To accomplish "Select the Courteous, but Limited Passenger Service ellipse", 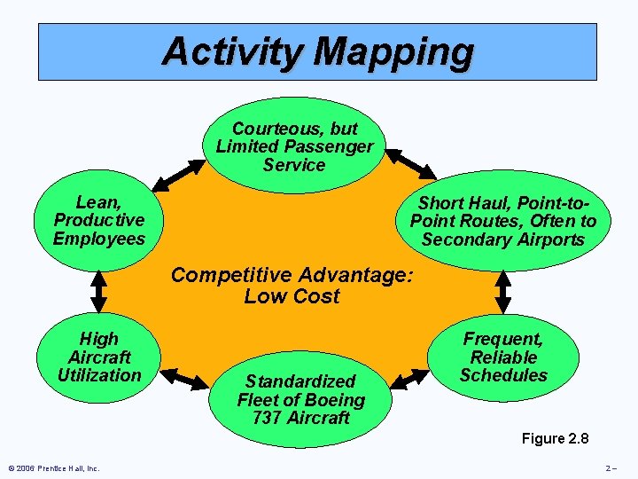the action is [x=295, y=145].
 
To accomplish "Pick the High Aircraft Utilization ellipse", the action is [x=98, y=357].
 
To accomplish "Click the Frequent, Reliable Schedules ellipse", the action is [x=503, y=357].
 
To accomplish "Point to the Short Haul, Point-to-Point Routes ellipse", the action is [x=502, y=221].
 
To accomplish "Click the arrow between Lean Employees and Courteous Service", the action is [x=177, y=174].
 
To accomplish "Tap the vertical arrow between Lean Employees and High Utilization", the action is [x=98, y=287].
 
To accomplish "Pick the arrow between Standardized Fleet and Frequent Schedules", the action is [x=410, y=379].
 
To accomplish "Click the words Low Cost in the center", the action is [x=292, y=297].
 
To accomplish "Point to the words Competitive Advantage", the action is [x=292, y=275].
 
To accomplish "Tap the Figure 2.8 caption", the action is [x=555, y=438].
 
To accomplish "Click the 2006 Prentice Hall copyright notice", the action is [x=54, y=468].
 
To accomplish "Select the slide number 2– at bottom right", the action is [x=611, y=468].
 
